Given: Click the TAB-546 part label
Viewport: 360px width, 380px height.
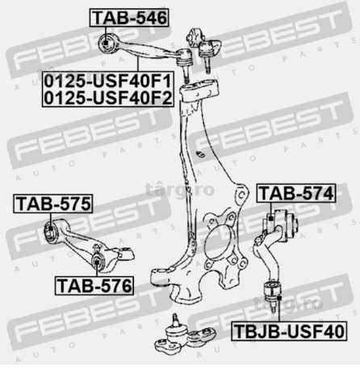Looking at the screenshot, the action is (x=129, y=18).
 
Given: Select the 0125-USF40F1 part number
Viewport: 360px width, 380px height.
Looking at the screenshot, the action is (x=107, y=81).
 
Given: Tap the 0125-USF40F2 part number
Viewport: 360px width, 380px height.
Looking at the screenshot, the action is (x=107, y=98).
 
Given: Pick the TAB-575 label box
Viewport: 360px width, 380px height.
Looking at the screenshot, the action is (x=53, y=203).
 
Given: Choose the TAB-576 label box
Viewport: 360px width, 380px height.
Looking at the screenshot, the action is (x=94, y=286).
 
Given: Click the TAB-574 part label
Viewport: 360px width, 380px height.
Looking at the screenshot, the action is (x=296, y=193).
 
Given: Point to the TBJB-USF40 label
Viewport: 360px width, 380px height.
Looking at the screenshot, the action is (x=289, y=331).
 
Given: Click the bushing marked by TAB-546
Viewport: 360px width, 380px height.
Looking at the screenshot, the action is (x=107, y=43).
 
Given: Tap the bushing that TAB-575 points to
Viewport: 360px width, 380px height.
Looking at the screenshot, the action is (x=51, y=232).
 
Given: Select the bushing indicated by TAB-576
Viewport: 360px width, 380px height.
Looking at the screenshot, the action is (x=97, y=261).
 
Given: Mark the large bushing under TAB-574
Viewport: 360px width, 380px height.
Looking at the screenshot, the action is (x=280, y=225).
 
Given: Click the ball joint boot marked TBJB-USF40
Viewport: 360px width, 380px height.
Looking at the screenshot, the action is (x=273, y=290).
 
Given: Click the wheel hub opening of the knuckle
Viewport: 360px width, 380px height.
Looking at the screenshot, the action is (x=217, y=244).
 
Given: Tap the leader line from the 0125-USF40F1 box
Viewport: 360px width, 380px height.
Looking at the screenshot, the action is (x=138, y=65).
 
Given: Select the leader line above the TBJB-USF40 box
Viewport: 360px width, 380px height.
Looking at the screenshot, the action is (x=279, y=309).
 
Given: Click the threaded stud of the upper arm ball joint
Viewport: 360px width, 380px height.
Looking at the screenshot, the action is (x=186, y=74).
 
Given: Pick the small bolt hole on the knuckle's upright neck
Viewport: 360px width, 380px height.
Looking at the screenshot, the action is (x=200, y=154).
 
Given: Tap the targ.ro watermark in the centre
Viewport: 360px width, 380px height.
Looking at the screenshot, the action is (x=180, y=190).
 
